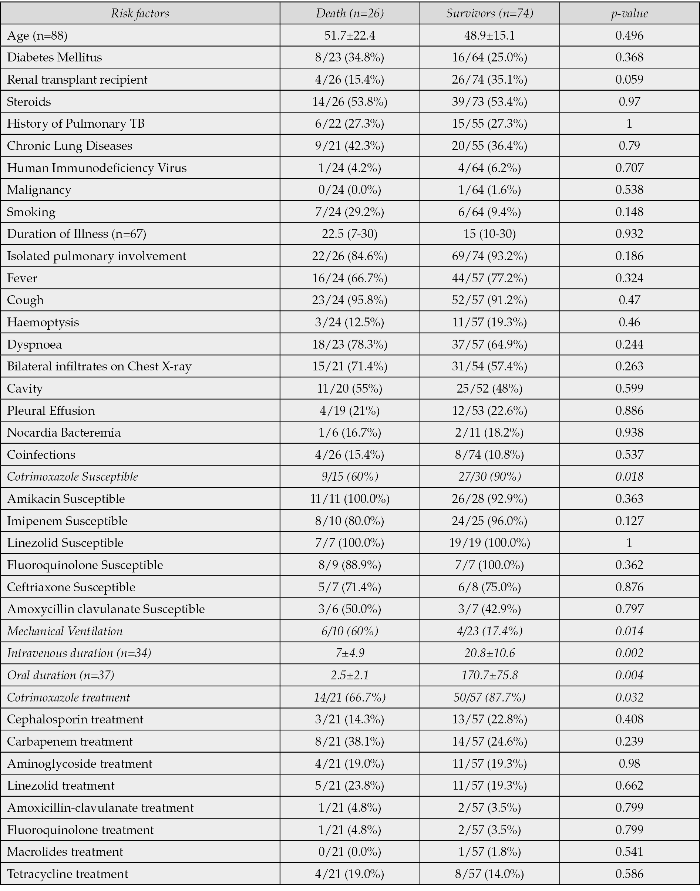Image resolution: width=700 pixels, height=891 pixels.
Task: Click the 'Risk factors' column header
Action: (140, 14)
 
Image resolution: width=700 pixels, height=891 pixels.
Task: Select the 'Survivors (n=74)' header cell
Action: (489, 14)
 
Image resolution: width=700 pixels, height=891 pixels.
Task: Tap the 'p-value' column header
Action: (629, 14)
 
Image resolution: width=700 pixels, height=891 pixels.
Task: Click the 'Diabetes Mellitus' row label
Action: (54, 57)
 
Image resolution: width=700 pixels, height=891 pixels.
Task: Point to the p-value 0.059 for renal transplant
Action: (629, 79)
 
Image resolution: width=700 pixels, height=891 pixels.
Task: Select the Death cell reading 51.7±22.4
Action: (349, 35)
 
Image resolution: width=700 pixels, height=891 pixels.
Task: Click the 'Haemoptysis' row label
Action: (43, 322)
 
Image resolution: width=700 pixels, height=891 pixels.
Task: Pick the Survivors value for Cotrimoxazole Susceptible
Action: (489, 477)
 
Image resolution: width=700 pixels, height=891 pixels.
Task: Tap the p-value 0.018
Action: (629, 477)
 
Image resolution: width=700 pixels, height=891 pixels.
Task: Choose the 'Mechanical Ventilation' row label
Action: (65, 631)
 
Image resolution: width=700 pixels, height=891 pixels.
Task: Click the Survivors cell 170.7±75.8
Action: (489, 675)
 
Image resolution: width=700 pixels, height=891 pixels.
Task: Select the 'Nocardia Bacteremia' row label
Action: (64, 433)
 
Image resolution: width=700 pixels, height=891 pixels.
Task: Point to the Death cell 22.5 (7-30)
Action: (349, 233)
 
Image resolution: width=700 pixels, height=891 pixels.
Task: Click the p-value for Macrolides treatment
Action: (629, 852)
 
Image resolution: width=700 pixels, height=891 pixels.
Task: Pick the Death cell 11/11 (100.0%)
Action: (349, 499)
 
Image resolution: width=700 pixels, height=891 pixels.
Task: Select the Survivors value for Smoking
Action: (489, 212)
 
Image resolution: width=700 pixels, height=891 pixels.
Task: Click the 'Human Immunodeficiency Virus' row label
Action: (97, 168)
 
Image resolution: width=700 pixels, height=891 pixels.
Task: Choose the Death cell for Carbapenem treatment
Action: (349, 742)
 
